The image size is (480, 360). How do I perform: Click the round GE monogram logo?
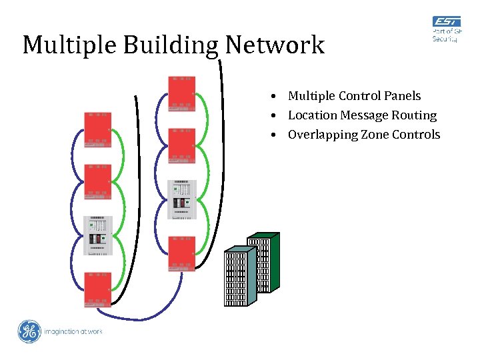point(29,331)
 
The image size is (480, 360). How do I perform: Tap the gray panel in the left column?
point(97,235)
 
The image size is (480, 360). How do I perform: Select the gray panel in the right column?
point(181,199)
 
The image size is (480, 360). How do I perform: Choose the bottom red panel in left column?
point(97,289)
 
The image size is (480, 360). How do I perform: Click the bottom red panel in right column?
point(181,253)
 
